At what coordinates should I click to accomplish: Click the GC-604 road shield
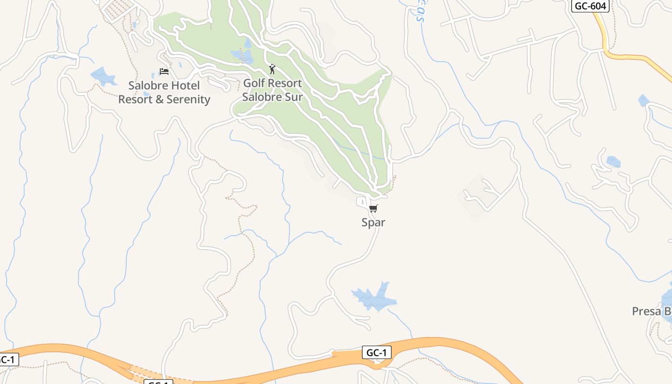[590, 6]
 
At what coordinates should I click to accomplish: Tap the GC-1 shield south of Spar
[376, 353]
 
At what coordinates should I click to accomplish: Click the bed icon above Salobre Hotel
[164, 72]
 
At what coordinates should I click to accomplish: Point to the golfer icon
[272, 70]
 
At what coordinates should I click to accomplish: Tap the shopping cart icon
[373, 208]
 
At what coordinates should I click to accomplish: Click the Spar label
[373, 222]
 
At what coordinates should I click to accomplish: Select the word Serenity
[188, 99]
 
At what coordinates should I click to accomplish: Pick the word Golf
[254, 83]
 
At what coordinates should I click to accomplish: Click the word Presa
[646, 311]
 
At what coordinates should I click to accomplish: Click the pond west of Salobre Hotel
[103, 76]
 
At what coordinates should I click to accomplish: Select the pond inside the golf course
[243, 55]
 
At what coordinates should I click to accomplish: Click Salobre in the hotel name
[147, 86]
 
